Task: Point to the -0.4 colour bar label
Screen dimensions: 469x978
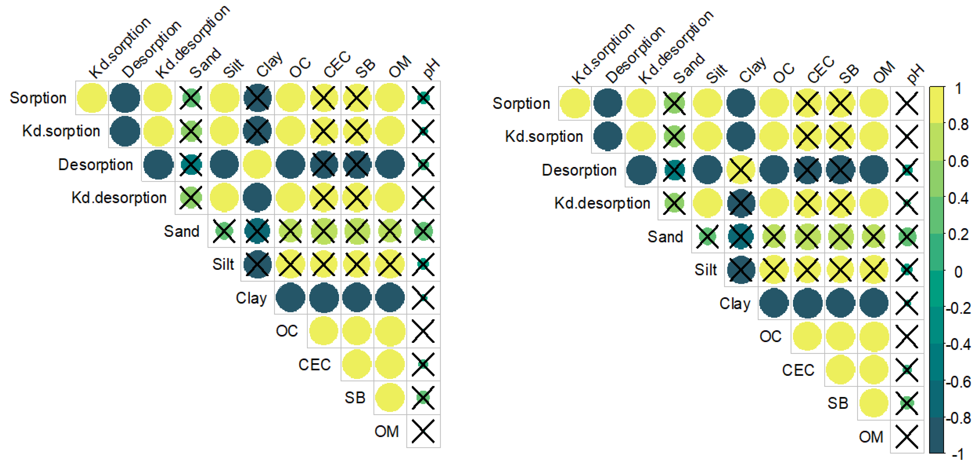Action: [x=958, y=345]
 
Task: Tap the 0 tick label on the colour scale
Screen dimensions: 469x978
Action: [x=958, y=272]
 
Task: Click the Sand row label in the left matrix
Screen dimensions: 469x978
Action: [x=181, y=231]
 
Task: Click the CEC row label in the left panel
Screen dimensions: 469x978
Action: [x=314, y=365]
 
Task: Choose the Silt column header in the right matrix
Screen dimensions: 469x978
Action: [x=716, y=73]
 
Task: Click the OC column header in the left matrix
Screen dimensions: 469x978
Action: [x=300, y=68]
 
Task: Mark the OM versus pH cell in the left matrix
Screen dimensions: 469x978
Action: [x=423, y=431]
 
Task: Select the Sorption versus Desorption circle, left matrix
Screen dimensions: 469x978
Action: [x=125, y=98]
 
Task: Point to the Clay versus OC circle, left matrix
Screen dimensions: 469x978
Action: [x=290, y=298]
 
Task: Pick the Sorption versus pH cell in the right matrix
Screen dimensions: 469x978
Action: [x=907, y=103]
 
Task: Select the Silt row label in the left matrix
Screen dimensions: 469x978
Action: [x=223, y=264]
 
